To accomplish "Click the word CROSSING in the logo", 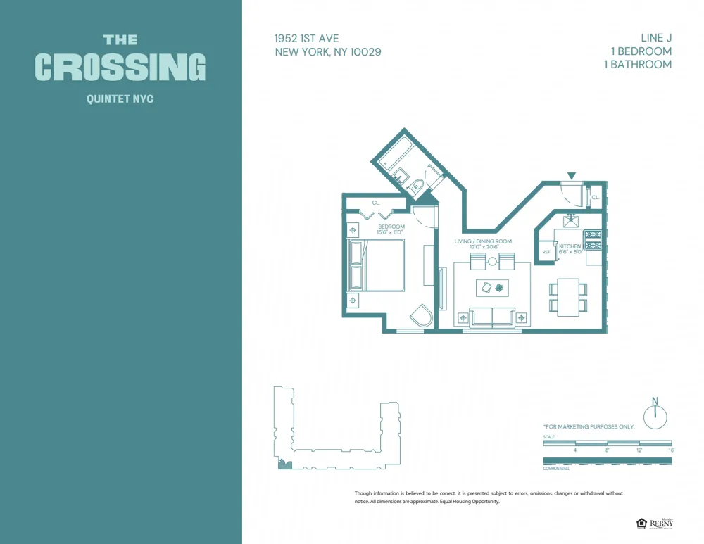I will (x=120, y=67).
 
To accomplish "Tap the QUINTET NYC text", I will (x=120, y=99).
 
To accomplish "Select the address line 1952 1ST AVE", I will (x=306, y=39).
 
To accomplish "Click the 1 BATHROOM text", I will (x=638, y=64).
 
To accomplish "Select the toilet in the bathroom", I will (x=416, y=186).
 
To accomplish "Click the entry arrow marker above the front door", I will (x=572, y=175).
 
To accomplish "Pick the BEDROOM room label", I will (x=391, y=227).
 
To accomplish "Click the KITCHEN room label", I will (x=570, y=246).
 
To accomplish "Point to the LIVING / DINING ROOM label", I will (x=482, y=241).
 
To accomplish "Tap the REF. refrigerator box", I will (x=546, y=252).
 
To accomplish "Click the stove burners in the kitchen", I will (x=593, y=240).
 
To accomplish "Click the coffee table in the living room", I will (x=492, y=287).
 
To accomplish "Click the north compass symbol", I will (x=655, y=415).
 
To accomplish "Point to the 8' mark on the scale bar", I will (x=607, y=449).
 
